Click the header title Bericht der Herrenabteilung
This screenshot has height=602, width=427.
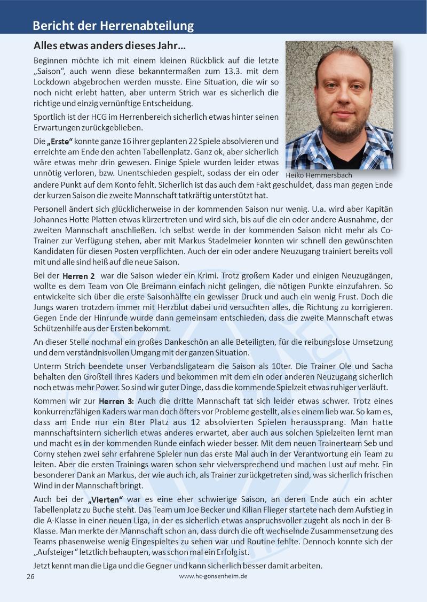click(113, 25)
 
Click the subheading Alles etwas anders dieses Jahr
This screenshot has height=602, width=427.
click(109, 46)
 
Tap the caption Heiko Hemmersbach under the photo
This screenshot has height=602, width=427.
click(319, 175)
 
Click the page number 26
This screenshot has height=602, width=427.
click(30, 576)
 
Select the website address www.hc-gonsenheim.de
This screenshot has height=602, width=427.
click(213, 576)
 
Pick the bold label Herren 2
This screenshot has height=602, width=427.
click(78, 276)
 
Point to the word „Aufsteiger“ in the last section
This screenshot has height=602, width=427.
click(58, 551)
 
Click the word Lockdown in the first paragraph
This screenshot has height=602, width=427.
click(53, 82)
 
